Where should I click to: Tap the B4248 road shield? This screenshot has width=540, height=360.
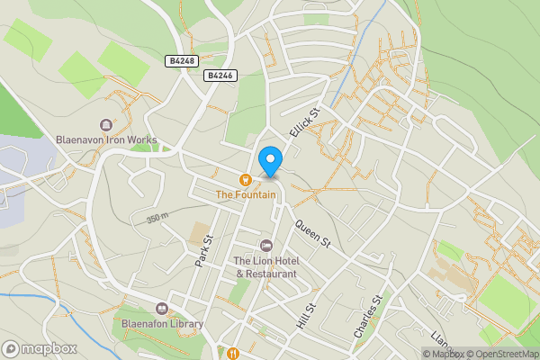tap(180, 60)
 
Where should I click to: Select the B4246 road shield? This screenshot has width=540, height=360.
tap(220, 76)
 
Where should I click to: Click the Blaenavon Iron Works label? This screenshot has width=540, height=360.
tap(106, 140)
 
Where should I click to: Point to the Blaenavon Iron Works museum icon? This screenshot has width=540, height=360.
tap(106, 125)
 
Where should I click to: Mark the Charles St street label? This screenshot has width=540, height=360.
tap(369, 317)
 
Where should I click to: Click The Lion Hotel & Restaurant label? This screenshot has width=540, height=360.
tap(265, 266)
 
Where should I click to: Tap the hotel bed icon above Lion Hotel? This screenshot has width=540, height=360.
tap(265, 246)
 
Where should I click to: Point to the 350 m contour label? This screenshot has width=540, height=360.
tap(157, 219)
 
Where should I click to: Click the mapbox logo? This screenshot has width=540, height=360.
tap(40, 348)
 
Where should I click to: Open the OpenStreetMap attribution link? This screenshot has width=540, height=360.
tap(500, 354)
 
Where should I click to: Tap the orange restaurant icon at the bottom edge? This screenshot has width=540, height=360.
tap(232, 353)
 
